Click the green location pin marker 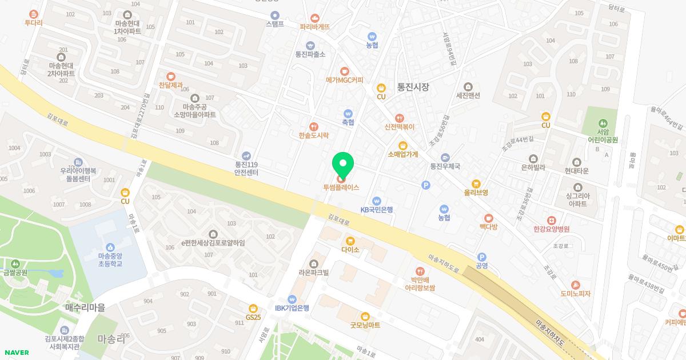click(x=343, y=166)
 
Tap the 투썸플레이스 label click(x=341, y=187)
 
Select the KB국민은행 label click(x=376, y=210)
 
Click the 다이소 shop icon click(x=350, y=241)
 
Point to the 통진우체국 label click(x=445, y=167)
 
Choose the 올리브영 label click(x=476, y=193)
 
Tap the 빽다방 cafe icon click(x=488, y=218)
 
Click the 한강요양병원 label click(x=551, y=229)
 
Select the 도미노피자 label click(x=575, y=294)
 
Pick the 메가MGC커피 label click(x=344, y=80)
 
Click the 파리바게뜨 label click(x=314, y=26)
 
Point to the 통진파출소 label click(x=310, y=54)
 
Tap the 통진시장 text click(x=413, y=87)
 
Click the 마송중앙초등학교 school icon click(x=110, y=246)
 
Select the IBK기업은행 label click(x=292, y=308)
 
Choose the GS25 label click(x=253, y=317)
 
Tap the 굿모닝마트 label click(x=365, y=325)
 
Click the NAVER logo click(x=16, y=353)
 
